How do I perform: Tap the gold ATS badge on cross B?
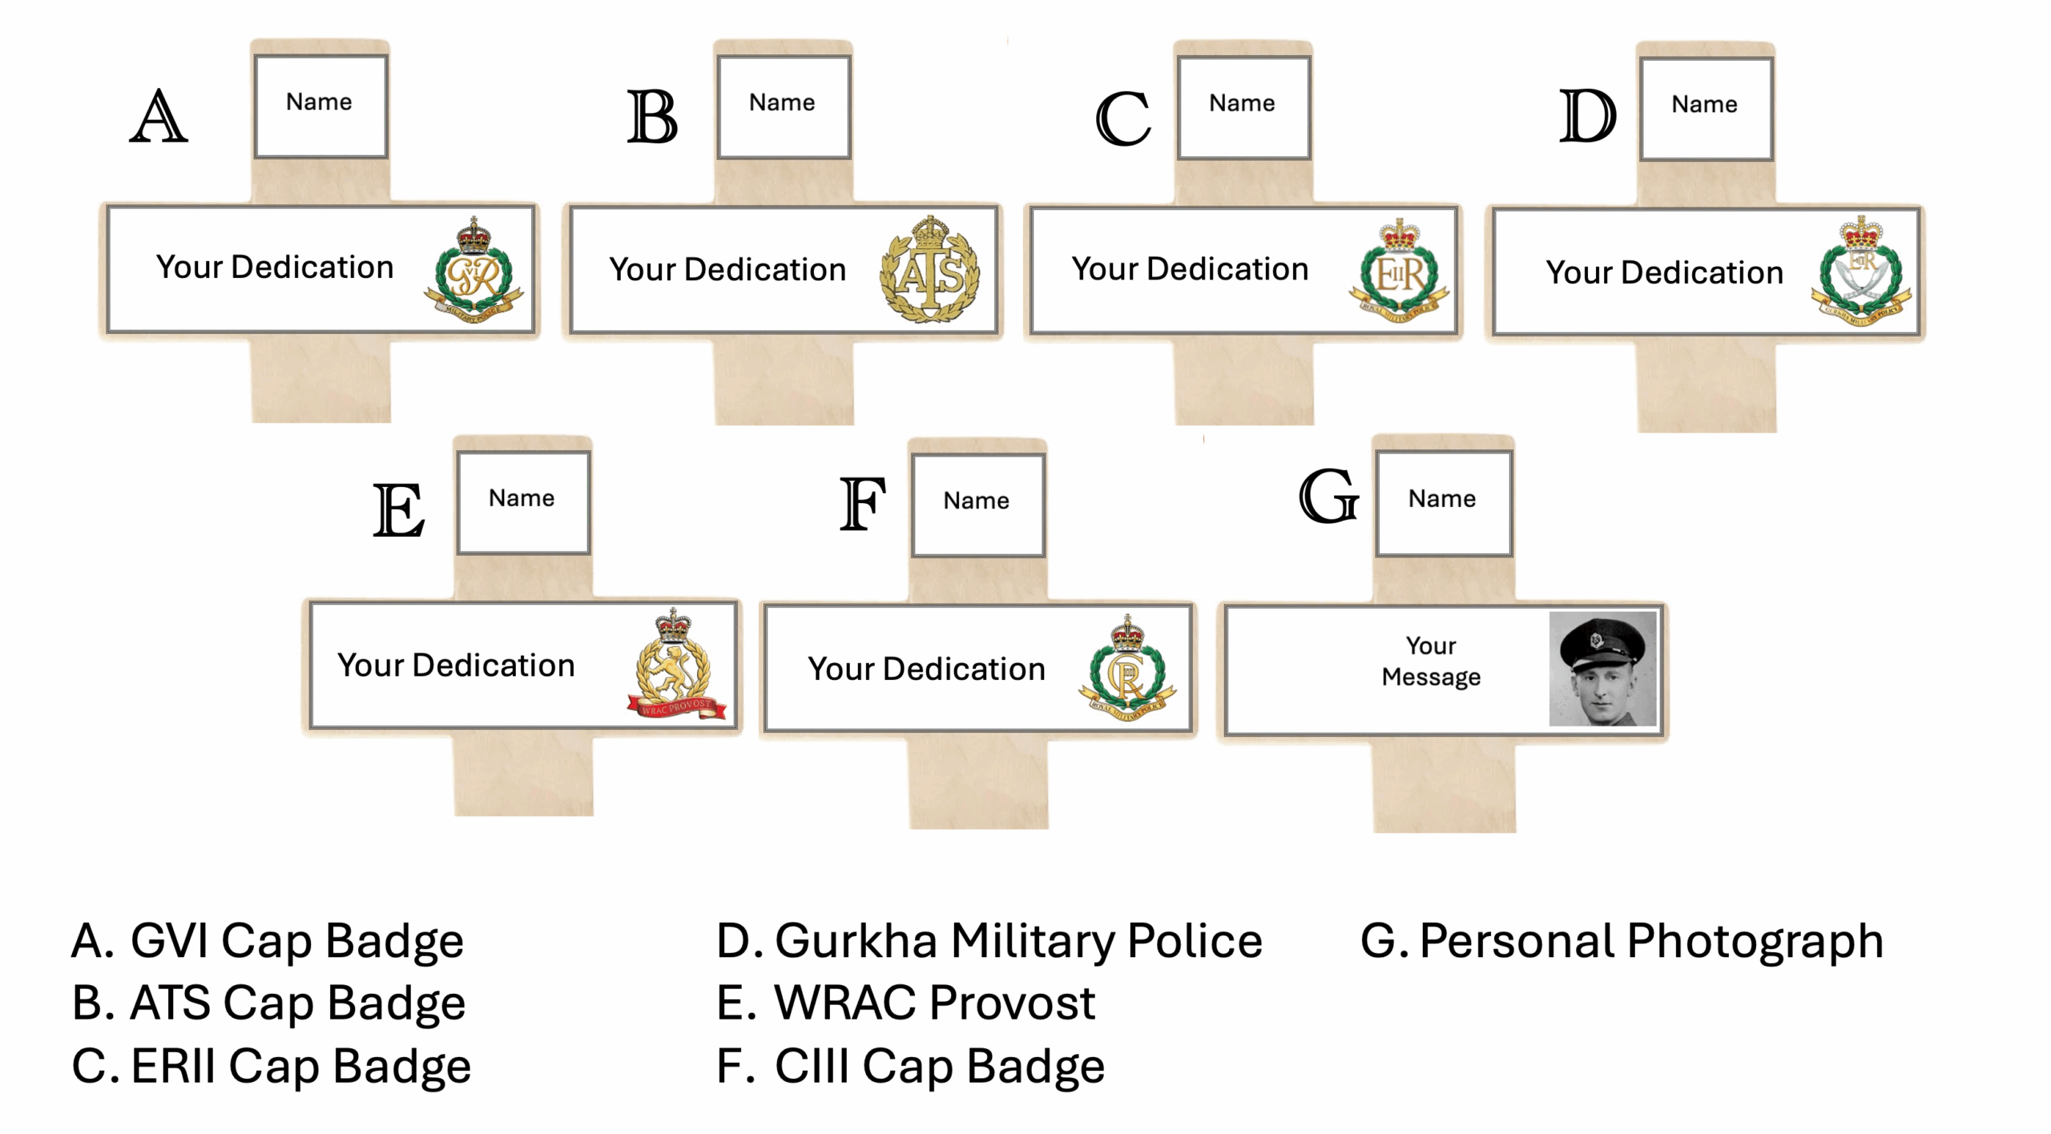pos(929,270)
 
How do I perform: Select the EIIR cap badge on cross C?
pos(1399,271)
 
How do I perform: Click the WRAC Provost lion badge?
pos(675,665)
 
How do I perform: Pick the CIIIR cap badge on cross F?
pos(1126,670)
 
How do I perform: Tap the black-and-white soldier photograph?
pos(1602,669)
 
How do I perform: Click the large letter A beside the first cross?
pos(159,117)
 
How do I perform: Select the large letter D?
pos(1587,117)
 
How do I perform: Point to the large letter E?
pos(398,510)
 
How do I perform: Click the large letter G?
pos(1328,497)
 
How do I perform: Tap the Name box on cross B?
pos(783,105)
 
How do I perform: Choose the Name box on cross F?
pos(977,502)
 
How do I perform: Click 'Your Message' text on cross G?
pos(1431,661)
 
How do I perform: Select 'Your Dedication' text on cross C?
pos(1190,270)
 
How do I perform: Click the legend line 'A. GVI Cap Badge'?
pos(268,940)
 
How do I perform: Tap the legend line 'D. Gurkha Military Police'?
pos(989,940)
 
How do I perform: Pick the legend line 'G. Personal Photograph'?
pos(1622,940)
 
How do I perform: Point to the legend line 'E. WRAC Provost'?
pos(905,1003)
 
